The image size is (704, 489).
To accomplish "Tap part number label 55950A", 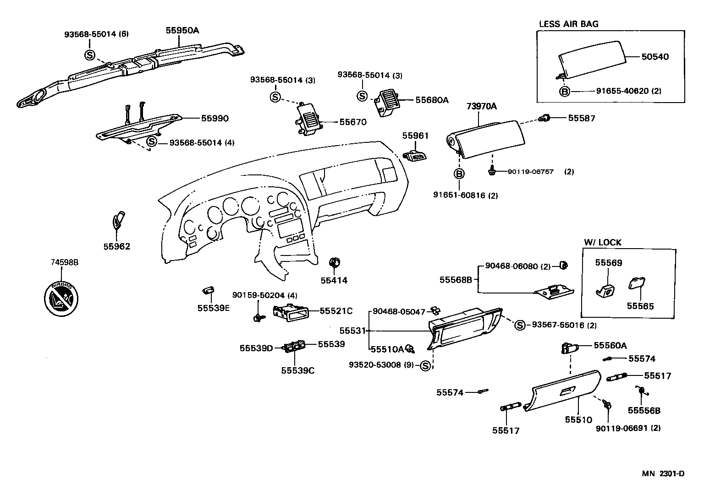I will pyautogui.click(x=182, y=31).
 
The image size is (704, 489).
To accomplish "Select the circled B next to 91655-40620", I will pyautogui.click(x=565, y=91).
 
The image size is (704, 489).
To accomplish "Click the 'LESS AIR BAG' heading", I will pyautogui.click(x=568, y=24).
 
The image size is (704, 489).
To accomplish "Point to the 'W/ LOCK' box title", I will pyautogui.click(x=602, y=242).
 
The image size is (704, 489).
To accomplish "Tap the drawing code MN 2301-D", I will pyautogui.click(x=662, y=473).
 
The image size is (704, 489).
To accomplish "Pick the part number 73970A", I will pyautogui.click(x=481, y=107).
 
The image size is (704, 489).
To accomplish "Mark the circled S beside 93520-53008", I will pyautogui.click(x=425, y=365).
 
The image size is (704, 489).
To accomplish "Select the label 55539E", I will pyautogui.click(x=214, y=308).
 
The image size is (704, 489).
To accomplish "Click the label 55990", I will pyautogui.click(x=214, y=118).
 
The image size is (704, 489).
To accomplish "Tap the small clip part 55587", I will pyautogui.click(x=544, y=119).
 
